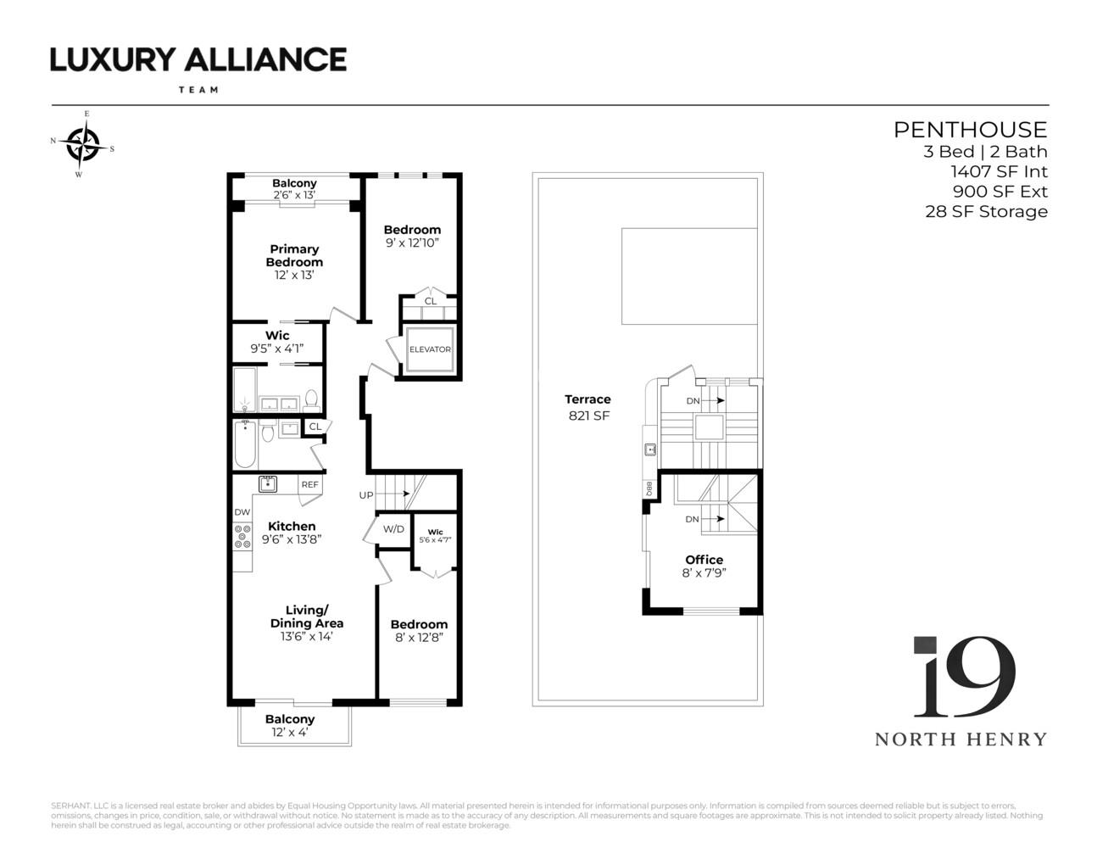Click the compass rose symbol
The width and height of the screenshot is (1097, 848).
click(x=83, y=143)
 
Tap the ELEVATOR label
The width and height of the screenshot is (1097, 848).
click(x=430, y=349)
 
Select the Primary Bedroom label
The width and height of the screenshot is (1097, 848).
click(x=294, y=255)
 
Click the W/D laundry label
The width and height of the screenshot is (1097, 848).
click(x=393, y=529)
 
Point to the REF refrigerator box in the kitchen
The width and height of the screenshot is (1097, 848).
click(x=310, y=485)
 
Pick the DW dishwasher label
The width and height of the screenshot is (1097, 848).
click(x=242, y=512)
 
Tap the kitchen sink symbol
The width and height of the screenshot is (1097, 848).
click(x=268, y=484)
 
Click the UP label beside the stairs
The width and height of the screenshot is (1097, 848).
click(x=366, y=495)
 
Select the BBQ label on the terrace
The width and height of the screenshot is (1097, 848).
click(x=649, y=488)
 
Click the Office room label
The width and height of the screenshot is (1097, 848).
click(x=704, y=560)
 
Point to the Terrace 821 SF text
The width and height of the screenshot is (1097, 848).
click(x=587, y=407)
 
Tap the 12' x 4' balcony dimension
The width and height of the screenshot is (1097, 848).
click(x=290, y=733)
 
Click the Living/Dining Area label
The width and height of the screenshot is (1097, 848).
click(x=306, y=616)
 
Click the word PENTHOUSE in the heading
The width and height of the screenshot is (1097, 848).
click(x=970, y=130)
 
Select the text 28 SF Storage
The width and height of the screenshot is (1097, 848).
click(x=986, y=212)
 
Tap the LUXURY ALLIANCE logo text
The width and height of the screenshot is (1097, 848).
click(x=198, y=59)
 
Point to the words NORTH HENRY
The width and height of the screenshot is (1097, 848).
click(x=961, y=739)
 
